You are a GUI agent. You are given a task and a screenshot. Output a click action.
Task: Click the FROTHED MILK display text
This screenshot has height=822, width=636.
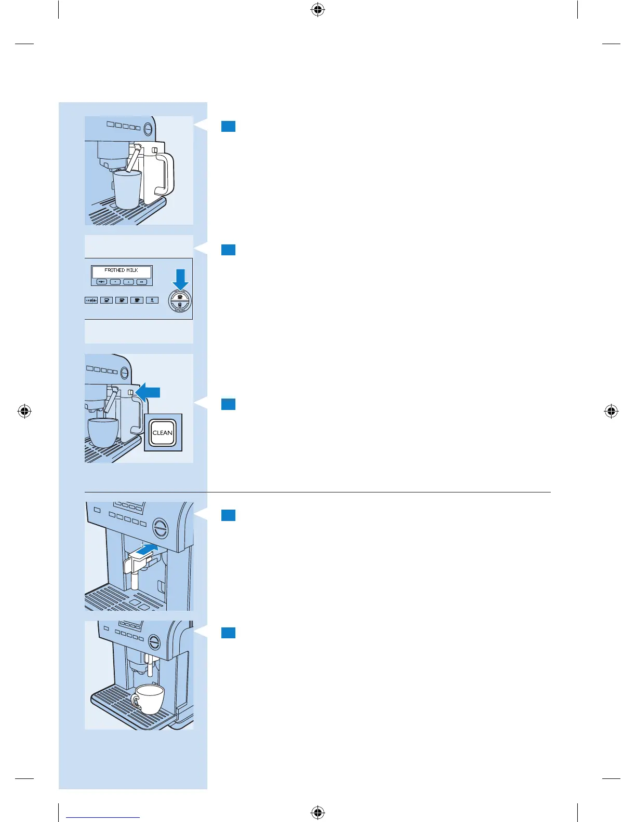pyautogui.click(x=121, y=270)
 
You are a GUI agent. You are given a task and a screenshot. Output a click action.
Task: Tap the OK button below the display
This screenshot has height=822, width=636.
pyautogui.click(x=141, y=282)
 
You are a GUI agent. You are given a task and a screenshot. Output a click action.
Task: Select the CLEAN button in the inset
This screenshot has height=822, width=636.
pyautogui.click(x=163, y=433)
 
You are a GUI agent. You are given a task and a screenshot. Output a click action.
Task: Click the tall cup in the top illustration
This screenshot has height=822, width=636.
pyautogui.click(x=127, y=189)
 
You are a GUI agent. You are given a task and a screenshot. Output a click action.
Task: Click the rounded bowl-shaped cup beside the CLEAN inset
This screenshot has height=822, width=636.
pyautogui.click(x=103, y=432)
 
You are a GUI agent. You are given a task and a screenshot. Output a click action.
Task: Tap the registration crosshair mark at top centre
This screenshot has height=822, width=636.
pyautogui.click(x=318, y=9)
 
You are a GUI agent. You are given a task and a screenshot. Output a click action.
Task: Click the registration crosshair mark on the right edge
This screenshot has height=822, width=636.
pyautogui.click(x=611, y=412)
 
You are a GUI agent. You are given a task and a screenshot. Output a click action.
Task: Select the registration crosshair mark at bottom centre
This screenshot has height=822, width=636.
pyautogui.click(x=318, y=812)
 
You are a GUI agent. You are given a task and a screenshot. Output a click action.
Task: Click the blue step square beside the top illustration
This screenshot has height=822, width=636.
pyautogui.click(x=228, y=126)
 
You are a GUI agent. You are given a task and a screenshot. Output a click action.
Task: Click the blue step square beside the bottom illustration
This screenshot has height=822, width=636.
pyautogui.click(x=228, y=633)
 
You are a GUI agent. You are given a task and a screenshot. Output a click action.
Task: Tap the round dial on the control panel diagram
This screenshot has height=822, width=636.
pyautogui.click(x=180, y=301)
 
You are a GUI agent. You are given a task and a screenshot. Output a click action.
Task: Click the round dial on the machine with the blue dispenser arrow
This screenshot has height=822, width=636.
pyautogui.click(x=161, y=528)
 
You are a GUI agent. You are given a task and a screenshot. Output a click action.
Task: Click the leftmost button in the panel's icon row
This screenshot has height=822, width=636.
pyautogui.click(x=91, y=300)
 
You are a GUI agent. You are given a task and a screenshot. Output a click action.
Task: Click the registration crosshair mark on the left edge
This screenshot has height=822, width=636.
pyautogui.click(x=24, y=412)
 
